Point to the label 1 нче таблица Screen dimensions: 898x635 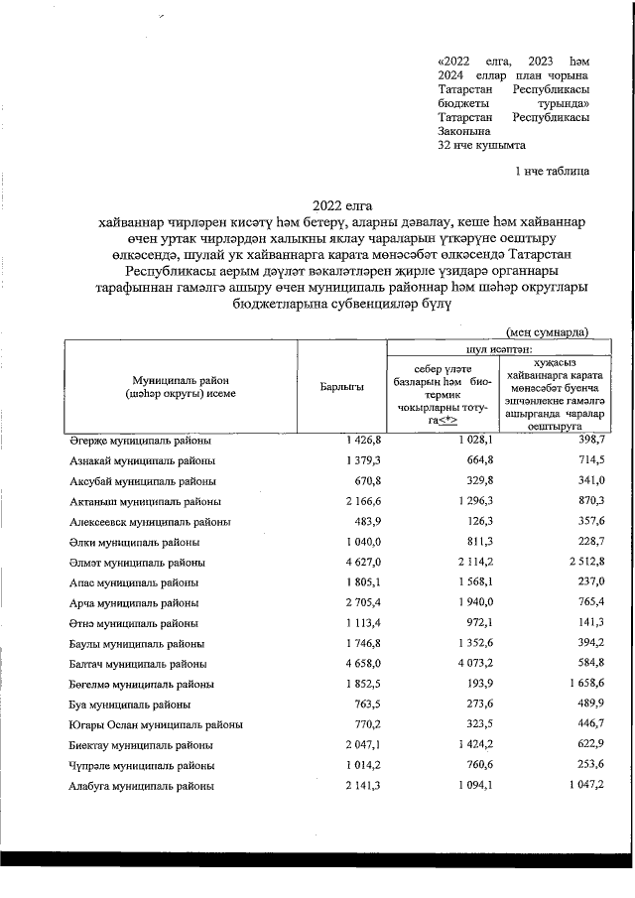[552, 172]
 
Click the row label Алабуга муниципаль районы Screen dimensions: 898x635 [141, 785]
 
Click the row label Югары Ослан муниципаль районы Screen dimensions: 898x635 [156, 724]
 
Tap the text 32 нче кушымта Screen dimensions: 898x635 [480, 145]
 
